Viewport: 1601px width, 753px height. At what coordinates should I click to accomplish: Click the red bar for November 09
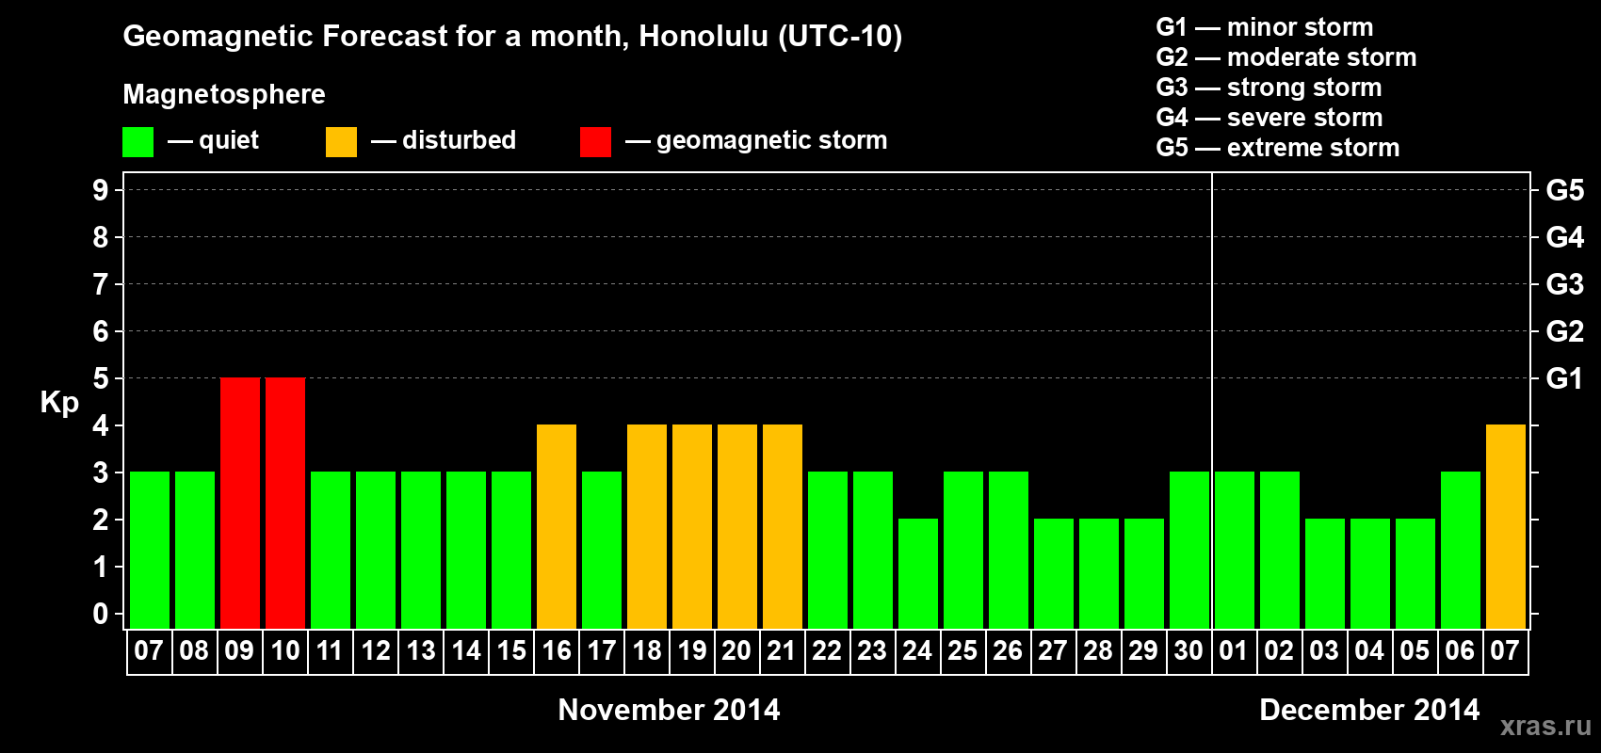click(x=240, y=503)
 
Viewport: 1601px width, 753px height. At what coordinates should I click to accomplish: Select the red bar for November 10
click(x=285, y=503)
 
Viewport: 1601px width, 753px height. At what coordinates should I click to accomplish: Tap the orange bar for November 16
click(x=556, y=526)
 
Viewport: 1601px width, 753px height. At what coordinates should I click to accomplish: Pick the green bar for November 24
click(x=917, y=573)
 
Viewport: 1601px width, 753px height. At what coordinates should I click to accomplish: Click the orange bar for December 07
click(x=1506, y=526)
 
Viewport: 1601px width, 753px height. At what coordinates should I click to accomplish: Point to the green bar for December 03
click(x=1325, y=573)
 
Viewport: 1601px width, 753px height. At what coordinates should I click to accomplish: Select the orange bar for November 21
click(x=783, y=526)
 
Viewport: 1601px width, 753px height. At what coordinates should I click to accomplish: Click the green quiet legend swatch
click(x=137, y=141)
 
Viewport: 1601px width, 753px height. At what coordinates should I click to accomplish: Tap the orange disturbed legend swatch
click(x=341, y=141)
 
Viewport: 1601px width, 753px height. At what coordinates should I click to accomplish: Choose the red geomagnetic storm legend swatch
click(x=595, y=141)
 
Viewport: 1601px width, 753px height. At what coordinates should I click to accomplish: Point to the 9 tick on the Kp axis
click(x=100, y=190)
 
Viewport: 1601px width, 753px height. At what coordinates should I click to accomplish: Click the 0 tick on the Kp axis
click(x=100, y=614)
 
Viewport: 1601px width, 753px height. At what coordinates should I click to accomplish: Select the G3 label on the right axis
click(x=1564, y=284)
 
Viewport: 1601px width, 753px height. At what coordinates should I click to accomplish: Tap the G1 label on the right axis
click(x=1564, y=378)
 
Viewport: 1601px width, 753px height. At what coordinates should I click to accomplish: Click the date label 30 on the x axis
click(x=1189, y=650)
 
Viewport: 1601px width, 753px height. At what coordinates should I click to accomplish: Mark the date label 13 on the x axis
click(x=421, y=650)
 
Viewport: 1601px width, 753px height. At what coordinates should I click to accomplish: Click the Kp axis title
click(x=59, y=403)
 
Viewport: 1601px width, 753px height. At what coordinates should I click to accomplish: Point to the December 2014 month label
click(x=1369, y=710)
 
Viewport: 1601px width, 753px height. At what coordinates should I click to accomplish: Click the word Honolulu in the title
click(x=703, y=36)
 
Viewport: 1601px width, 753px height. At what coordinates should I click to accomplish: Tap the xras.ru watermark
click(x=1546, y=726)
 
